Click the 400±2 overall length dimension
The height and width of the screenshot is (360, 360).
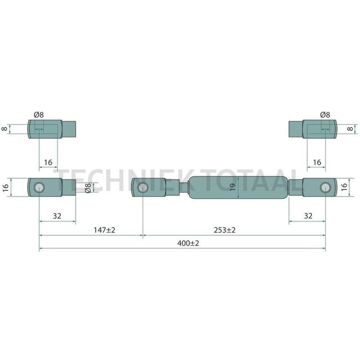point(188,243)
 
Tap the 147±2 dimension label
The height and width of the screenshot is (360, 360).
point(104,230)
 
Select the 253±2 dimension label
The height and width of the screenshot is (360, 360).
point(224,230)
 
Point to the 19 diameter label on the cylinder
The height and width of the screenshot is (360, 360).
point(233,187)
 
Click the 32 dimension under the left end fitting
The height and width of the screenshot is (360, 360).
point(57,216)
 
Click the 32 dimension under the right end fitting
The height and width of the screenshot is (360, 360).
point(308,216)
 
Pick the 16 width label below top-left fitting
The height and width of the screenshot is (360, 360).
point(48,162)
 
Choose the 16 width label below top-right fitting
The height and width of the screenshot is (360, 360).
point(317,162)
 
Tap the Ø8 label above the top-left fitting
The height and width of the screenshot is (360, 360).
point(39,115)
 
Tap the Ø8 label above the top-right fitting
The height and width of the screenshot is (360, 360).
point(325,115)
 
